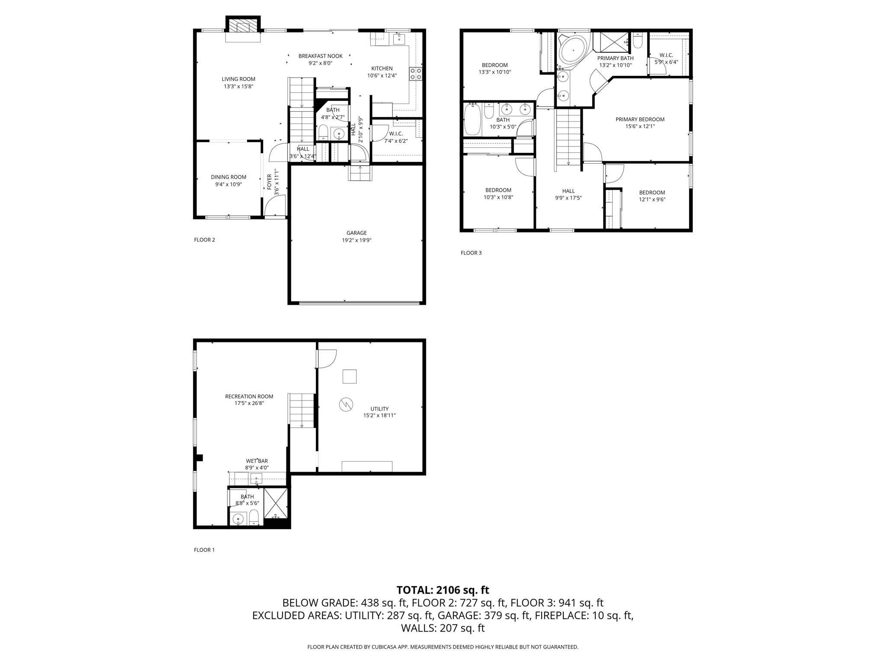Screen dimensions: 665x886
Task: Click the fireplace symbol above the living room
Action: coord(243,26)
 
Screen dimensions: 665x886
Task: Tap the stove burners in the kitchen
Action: coord(416,74)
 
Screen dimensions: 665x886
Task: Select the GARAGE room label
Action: coord(356,233)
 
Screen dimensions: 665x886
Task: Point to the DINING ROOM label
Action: coord(228,177)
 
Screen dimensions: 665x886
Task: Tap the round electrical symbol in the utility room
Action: coord(346,405)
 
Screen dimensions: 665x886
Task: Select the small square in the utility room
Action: coord(350,376)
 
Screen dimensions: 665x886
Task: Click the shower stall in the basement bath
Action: coord(276,503)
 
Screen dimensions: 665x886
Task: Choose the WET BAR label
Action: coord(257,461)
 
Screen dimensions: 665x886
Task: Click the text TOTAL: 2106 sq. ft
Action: coord(443,590)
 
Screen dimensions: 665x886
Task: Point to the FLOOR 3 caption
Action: coord(471,253)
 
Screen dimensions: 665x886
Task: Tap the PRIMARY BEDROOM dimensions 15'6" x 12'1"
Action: coord(640,126)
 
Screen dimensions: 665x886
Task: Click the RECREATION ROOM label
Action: coord(249,397)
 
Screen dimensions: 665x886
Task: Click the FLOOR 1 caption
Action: coord(204,550)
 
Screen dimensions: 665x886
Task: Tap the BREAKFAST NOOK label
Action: coord(320,56)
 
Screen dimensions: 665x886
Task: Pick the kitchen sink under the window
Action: coord(399,39)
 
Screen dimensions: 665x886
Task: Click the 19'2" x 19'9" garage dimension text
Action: coord(356,240)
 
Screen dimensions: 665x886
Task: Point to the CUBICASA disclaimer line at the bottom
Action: coord(443,647)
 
